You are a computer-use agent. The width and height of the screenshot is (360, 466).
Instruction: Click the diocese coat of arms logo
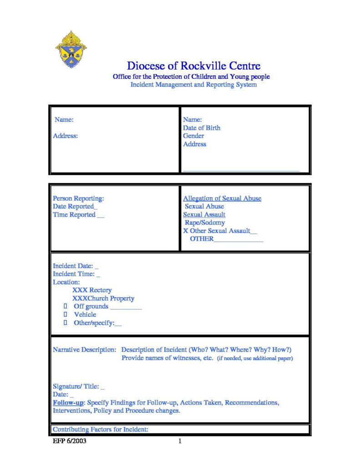[71, 49]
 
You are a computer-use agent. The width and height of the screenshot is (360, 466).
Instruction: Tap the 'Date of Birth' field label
[202, 128]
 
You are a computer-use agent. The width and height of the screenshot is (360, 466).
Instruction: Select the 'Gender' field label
[193, 136]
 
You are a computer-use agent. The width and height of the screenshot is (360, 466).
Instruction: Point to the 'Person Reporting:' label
[78, 198]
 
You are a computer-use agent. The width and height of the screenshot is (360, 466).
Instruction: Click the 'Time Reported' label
[74, 215]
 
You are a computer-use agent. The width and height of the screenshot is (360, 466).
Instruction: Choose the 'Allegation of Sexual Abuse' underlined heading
[222, 198]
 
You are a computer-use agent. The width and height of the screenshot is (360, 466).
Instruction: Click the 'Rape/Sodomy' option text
[204, 223]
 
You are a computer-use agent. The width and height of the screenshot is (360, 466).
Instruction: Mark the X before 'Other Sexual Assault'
[185, 231]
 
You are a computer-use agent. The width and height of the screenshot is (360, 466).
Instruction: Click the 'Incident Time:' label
[74, 274]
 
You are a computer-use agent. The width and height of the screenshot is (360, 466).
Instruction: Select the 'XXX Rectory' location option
[91, 290]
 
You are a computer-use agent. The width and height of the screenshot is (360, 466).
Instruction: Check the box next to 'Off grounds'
[66, 306]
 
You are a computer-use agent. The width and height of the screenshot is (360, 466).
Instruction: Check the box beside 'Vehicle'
[66, 314]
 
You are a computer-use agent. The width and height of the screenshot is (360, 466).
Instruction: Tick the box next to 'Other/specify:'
[66, 323]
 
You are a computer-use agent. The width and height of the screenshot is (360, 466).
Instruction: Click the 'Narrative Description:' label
[84, 350]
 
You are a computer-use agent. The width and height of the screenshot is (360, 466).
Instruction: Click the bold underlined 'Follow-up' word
[68, 403]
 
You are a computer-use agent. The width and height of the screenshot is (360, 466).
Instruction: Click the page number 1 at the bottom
[180, 441]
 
